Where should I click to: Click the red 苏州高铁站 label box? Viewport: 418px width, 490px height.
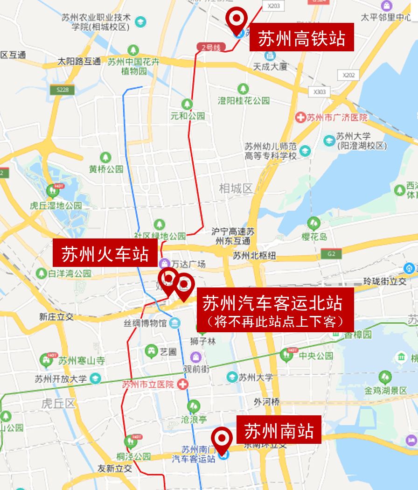pos(301,38)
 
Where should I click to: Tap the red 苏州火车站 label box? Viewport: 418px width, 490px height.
pos(105,253)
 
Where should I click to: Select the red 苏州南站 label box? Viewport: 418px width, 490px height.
pos(279,430)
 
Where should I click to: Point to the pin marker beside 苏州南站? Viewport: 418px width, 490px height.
pos(222,440)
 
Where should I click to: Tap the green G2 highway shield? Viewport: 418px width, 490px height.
pos(331,253)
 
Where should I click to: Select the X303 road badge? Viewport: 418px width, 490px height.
pos(320,92)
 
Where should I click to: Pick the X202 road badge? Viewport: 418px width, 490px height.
pos(348,75)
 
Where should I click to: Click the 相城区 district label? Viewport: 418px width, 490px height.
pos(236,189)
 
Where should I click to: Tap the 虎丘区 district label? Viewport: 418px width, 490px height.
pos(58,403)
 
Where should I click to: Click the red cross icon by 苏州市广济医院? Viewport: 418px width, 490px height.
pos(301,117)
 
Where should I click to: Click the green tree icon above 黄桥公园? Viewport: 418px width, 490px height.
pos(106,157)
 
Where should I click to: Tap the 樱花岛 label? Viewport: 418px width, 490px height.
pos(314,237)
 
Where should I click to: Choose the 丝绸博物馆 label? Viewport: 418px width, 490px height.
pos(145,322)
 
